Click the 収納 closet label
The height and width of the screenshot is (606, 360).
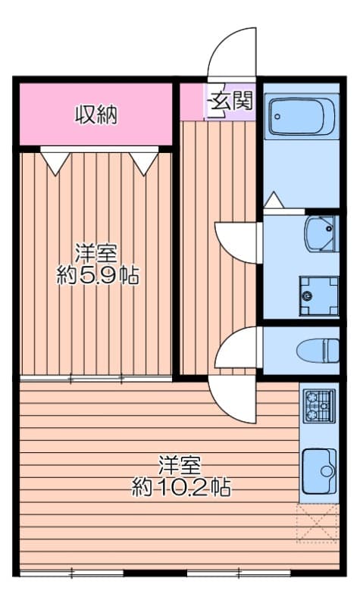(95, 114)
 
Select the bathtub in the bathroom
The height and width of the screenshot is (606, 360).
(302, 116)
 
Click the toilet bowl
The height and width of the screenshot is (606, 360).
(318, 350)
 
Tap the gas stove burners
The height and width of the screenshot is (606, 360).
(318, 406)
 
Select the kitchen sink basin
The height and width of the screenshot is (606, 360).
(319, 471)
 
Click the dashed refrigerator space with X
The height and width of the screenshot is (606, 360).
(317, 522)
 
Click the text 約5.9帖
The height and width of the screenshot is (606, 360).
(99, 274)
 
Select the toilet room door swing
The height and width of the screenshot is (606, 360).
(236, 348)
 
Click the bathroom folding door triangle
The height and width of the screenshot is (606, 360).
(274, 201)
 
